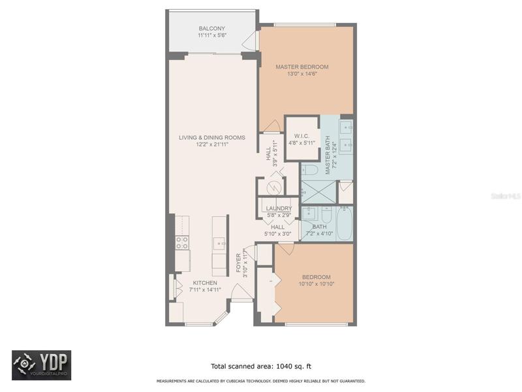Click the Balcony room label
[x=211, y=28]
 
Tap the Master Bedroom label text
[x=302, y=67]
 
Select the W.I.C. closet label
[x=301, y=136]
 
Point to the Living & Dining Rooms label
[x=211, y=137]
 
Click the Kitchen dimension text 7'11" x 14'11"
[x=205, y=289]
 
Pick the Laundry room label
[x=279, y=208]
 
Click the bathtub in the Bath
[x=345, y=223]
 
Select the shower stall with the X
[x=319, y=191]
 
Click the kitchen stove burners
[x=182, y=242]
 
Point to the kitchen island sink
[x=219, y=244]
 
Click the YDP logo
[x=42, y=365]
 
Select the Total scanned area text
[x=261, y=367]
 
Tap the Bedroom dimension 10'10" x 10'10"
[x=316, y=284]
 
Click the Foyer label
[x=238, y=263]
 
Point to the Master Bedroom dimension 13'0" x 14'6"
[x=302, y=74]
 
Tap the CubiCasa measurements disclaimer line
[x=261, y=381]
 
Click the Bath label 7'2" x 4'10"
[x=320, y=230]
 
